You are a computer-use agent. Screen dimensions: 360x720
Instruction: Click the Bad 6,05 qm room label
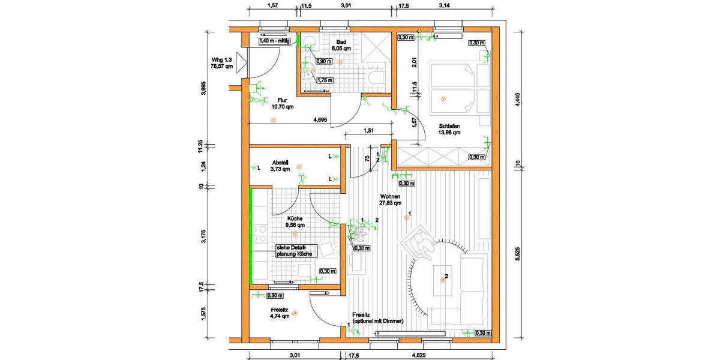point(344,45)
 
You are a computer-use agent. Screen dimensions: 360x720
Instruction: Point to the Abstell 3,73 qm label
point(281,166)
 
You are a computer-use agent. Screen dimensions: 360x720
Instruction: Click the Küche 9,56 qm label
point(295,221)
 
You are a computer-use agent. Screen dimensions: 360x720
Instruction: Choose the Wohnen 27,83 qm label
point(389,200)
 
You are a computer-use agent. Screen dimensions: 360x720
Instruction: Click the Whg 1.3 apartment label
point(221,64)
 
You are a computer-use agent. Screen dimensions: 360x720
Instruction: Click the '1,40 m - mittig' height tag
point(274,41)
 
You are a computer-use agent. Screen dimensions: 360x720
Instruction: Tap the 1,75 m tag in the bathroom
point(325,80)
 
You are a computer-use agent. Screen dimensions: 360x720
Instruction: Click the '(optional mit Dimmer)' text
point(377,322)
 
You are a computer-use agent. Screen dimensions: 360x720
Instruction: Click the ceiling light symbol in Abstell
point(299,167)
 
